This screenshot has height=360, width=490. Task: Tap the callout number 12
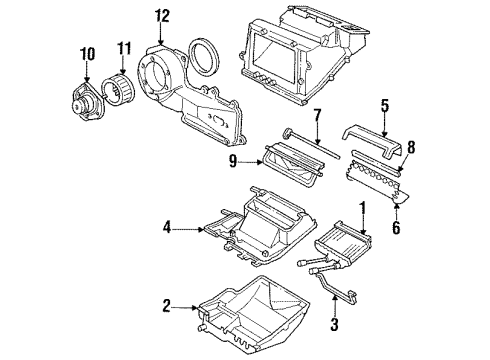coord(163,15)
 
